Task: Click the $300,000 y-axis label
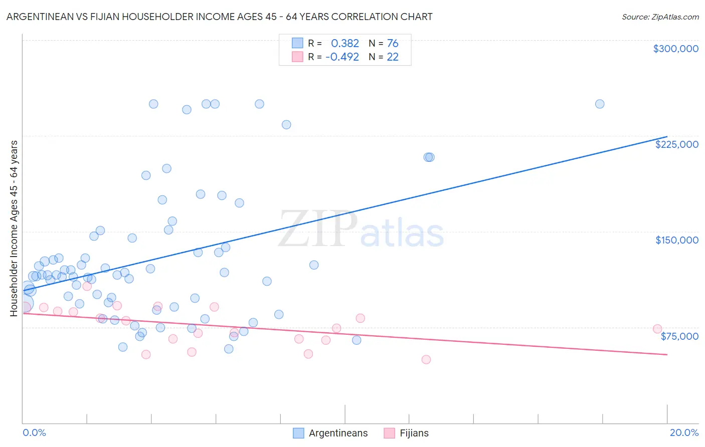point(675,49)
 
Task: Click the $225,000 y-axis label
point(676,144)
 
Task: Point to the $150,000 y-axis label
point(676,240)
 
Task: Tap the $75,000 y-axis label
point(679,336)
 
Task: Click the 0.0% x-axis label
point(34,432)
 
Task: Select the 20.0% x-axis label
point(683,432)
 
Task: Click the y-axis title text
point(14,228)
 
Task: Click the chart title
point(219,17)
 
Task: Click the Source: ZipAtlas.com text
point(660,17)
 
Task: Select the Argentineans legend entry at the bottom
point(338,433)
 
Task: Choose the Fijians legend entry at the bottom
point(414,433)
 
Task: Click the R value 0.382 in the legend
point(345,43)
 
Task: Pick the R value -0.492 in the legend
point(342,57)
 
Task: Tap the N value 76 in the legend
point(393,43)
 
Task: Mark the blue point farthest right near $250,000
point(599,104)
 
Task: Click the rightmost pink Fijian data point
point(657,329)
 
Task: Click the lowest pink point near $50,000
point(426,359)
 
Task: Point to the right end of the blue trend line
point(667,136)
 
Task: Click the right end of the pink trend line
point(667,354)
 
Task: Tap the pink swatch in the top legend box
point(297,57)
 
